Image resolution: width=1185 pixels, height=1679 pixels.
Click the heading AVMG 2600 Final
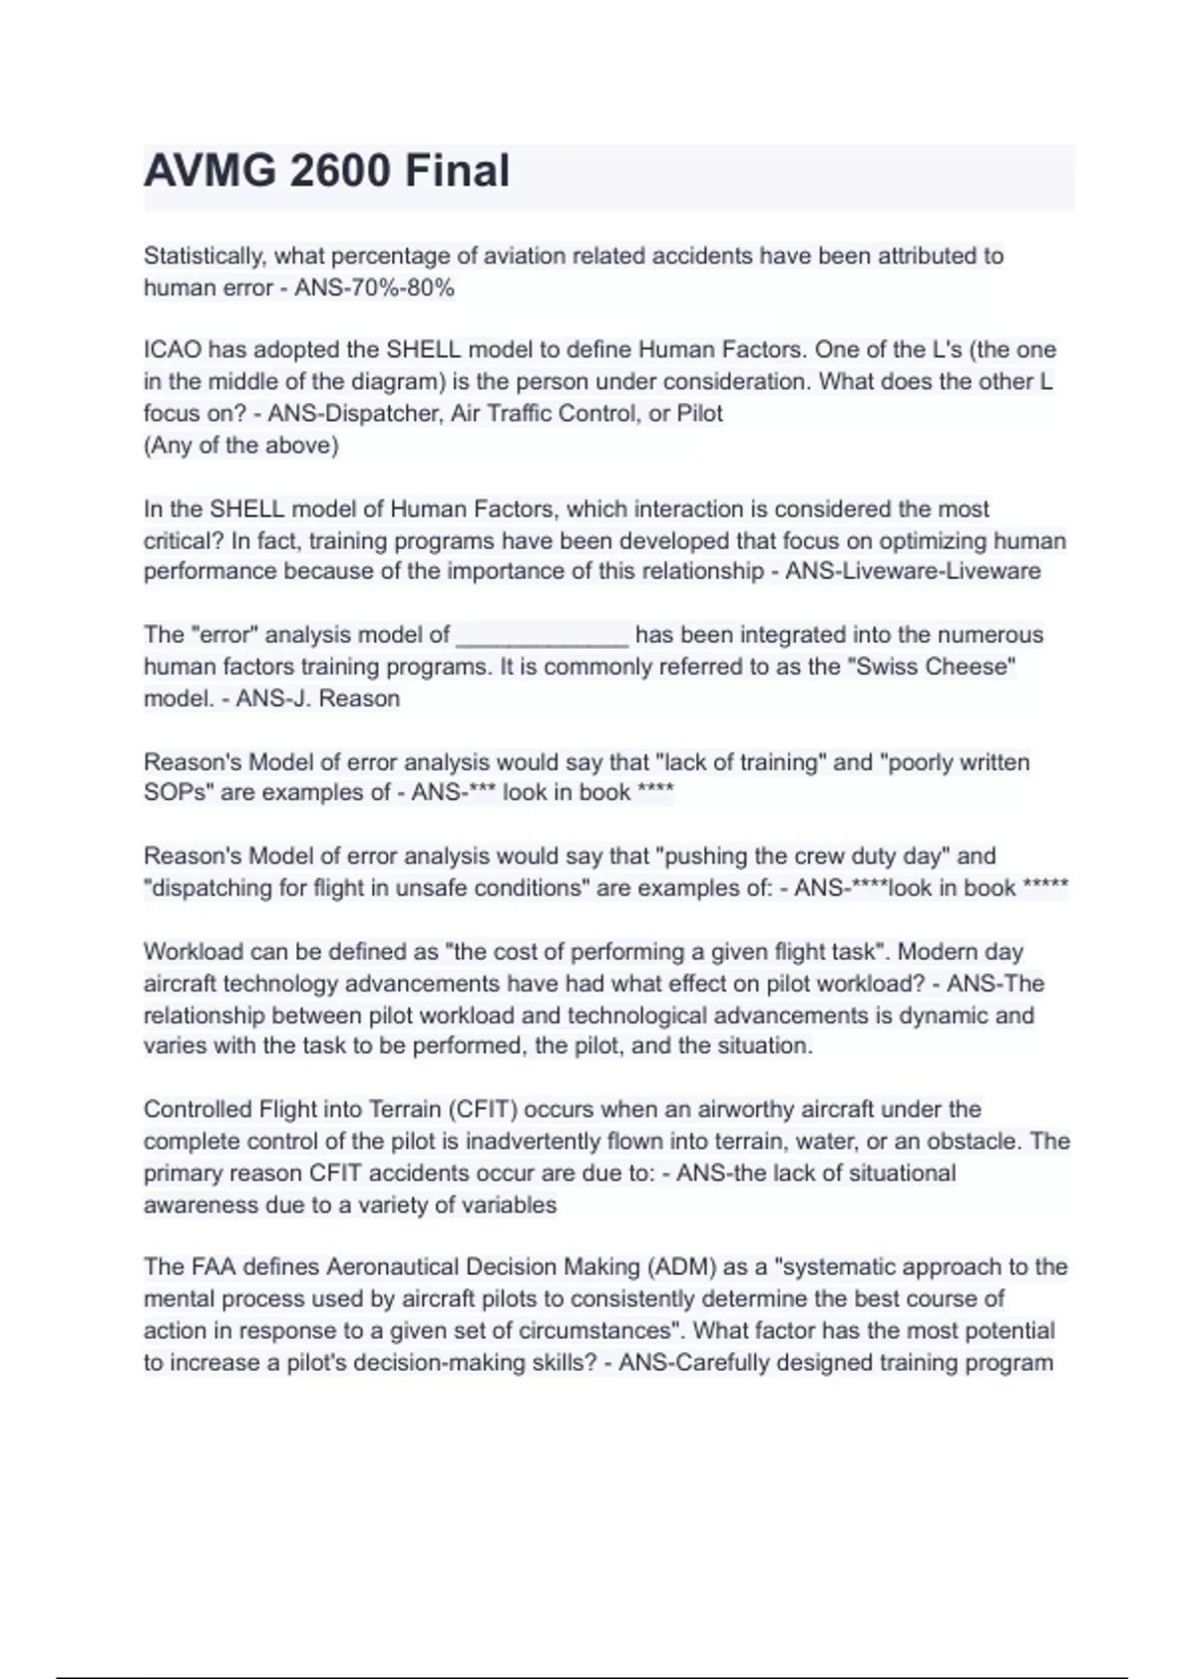[x=327, y=171]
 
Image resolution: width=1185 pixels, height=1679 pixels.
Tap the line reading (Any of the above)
[x=241, y=445]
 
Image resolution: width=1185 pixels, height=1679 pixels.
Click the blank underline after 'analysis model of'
[x=542, y=636]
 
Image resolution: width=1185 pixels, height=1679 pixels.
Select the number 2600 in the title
[x=336, y=171]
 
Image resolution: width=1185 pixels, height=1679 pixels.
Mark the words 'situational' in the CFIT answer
[x=893, y=1173]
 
